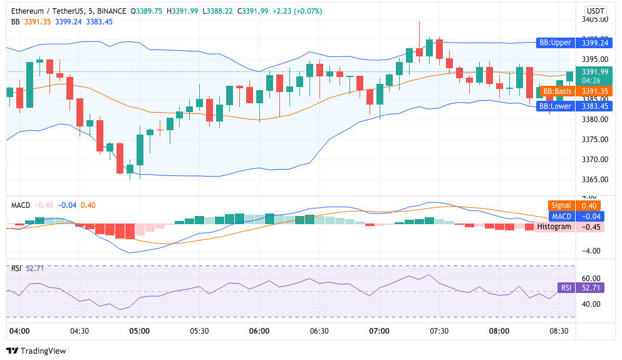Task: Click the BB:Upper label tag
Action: coord(555,43)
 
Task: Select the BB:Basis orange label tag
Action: coord(556,91)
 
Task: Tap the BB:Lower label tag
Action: coord(555,106)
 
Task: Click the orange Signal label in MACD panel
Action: coord(561,205)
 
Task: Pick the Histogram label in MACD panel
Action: coord(554,227)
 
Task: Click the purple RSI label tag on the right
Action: coord(566,288)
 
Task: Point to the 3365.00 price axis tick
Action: coord(594,180)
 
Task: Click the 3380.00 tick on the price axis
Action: coord(594,119)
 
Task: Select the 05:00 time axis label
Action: coord(139,331)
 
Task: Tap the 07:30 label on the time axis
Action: coord(439,331)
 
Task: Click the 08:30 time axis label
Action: coord(559,331)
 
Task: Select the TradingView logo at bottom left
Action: coord(36,351)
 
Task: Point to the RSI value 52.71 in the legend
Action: coord(36,269)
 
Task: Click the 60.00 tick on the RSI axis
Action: coord(592,278)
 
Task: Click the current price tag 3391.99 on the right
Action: coord(594,71)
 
